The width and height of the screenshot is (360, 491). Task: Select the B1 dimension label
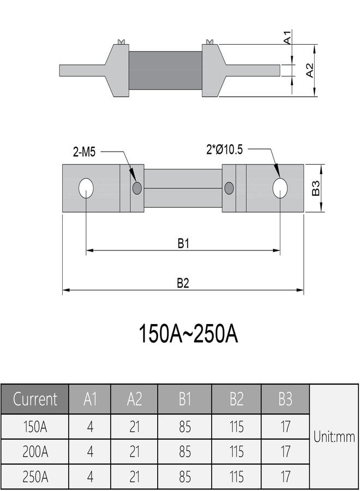click(x=183, y=243)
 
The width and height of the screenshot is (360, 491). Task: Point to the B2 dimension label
click(x=183, y=283)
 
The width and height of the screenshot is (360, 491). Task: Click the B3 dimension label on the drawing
click(x=315, y=189)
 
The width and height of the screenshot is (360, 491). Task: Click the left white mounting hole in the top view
click(x=86, y=188)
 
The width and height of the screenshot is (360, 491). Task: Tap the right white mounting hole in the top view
click(x=280, y=188)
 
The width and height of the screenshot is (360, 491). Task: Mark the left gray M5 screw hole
click(x=137, y=188)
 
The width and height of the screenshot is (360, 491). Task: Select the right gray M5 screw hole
click(x=229, y=188)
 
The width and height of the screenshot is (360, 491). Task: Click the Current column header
click(x=35, y=399)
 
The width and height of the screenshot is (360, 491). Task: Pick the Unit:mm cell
click(x=334, y=436)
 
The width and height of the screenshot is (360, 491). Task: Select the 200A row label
click(x=35, y=452)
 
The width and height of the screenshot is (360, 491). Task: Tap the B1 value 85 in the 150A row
click(x=185, y=426)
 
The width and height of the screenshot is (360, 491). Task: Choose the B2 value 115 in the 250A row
click(x=236, y=477)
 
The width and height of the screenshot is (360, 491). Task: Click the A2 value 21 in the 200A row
click(x=134, y=452)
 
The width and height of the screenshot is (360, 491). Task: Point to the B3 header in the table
click(x=285, y=399)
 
